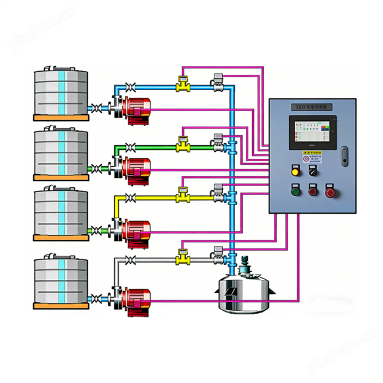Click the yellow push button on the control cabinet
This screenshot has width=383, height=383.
tap(295, 172)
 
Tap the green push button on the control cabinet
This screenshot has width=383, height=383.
tap(295, 192)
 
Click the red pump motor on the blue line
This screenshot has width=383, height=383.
tap(137, 110)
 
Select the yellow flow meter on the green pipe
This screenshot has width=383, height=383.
tap(182, 146)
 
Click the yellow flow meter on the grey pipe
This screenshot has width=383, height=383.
tap(182, 255)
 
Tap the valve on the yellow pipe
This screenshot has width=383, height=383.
tap(130, 198)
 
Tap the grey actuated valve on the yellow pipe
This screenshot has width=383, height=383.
tap(217, 193)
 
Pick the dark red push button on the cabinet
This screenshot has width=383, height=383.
tap(313, 192)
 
